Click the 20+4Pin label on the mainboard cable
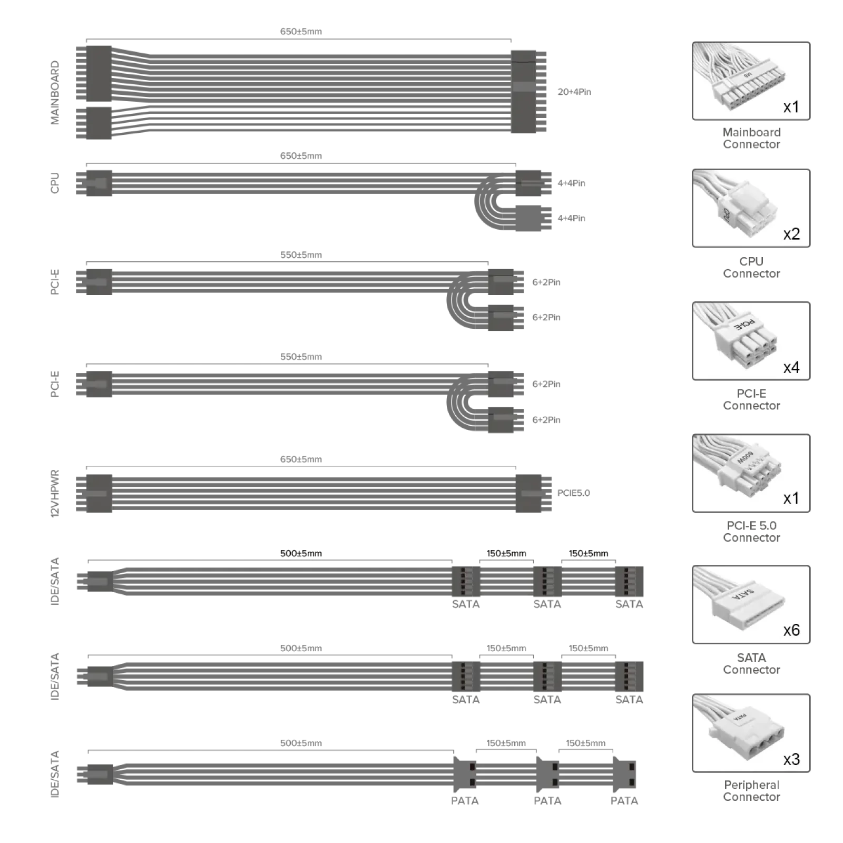point(574,92)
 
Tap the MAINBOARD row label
point(55,93)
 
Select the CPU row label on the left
point(55,183)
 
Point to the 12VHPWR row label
point(55,494)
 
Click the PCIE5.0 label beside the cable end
point(574,493)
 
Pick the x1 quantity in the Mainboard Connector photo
point(791,107)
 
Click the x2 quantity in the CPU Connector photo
point(791,234)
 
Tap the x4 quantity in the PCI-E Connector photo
point(791,367)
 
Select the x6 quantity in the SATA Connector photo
point(791,630)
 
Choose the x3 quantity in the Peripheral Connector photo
point(791,759)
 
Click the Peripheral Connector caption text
point(751,791)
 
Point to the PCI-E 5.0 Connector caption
point(751,532)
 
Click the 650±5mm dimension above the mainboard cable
point(301,32)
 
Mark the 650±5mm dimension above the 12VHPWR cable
point(301,459)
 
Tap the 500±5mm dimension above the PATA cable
point(301,743)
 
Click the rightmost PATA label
point(624,801)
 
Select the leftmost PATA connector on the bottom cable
point(465,775)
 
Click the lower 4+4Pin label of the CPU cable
point(571,218)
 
